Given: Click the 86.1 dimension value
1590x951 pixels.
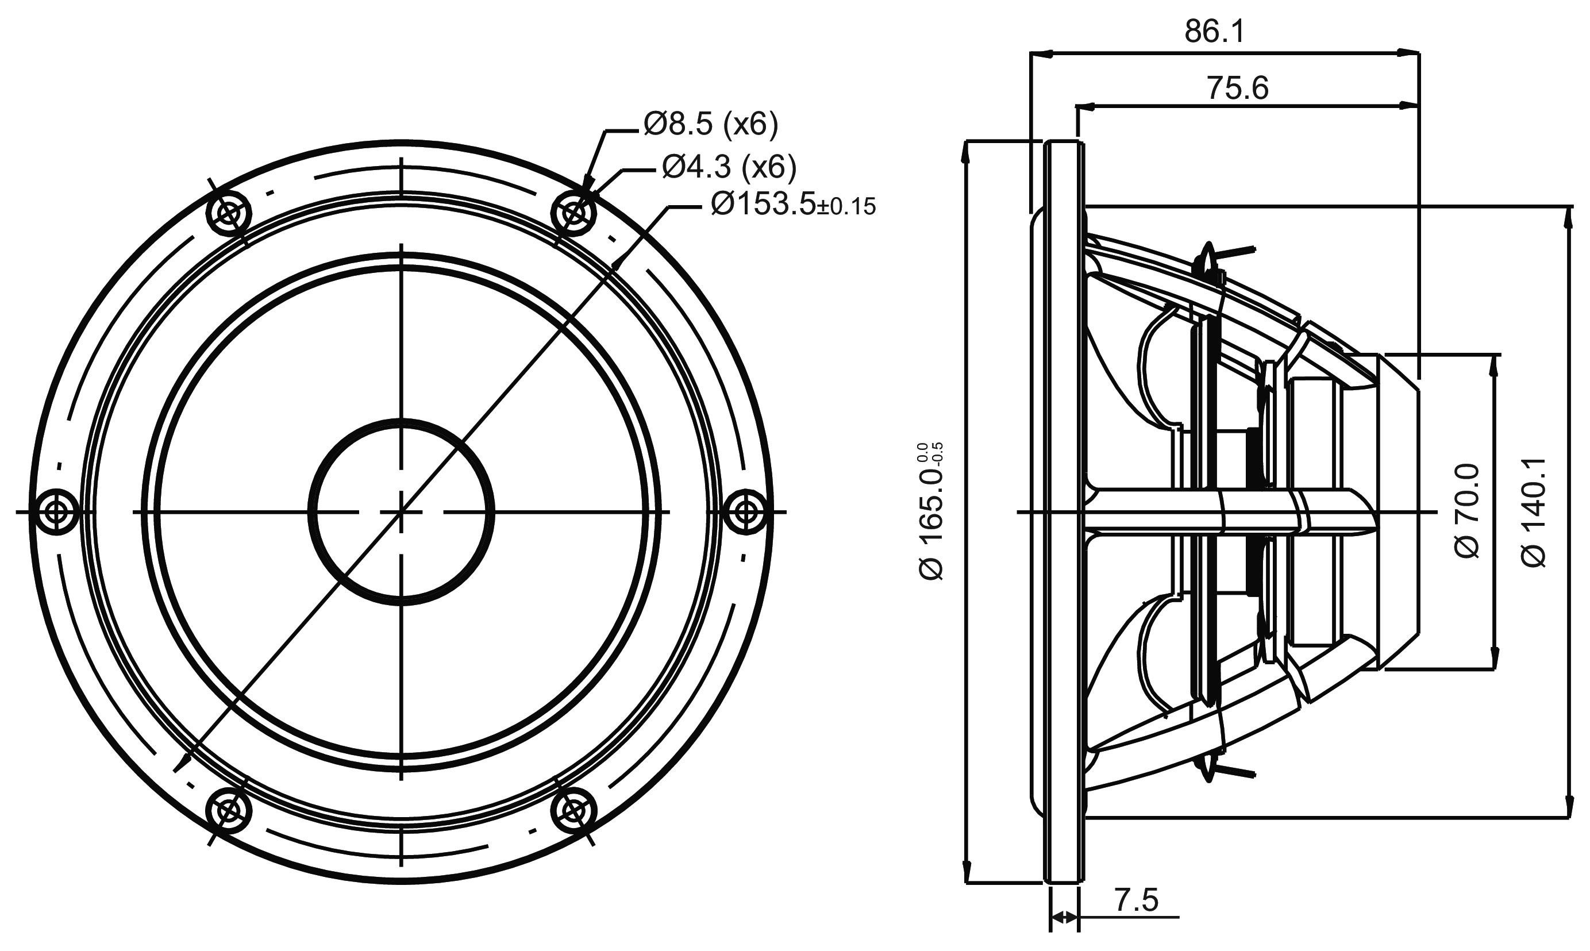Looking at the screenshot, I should pos(1214,32).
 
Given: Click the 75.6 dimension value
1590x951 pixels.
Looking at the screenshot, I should pos(1238,88).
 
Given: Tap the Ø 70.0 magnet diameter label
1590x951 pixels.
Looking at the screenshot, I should pos(1467,511).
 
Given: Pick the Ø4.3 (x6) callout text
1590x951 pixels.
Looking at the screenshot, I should pos(729,167).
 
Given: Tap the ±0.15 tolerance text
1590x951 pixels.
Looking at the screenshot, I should pos(846,207).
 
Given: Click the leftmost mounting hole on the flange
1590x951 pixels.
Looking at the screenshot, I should pos(56,511).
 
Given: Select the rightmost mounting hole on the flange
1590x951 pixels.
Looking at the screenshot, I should pos(745,511).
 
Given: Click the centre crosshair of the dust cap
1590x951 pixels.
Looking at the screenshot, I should pos(401,511).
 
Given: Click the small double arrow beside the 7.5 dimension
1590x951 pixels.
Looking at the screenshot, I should pos(1064,918).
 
